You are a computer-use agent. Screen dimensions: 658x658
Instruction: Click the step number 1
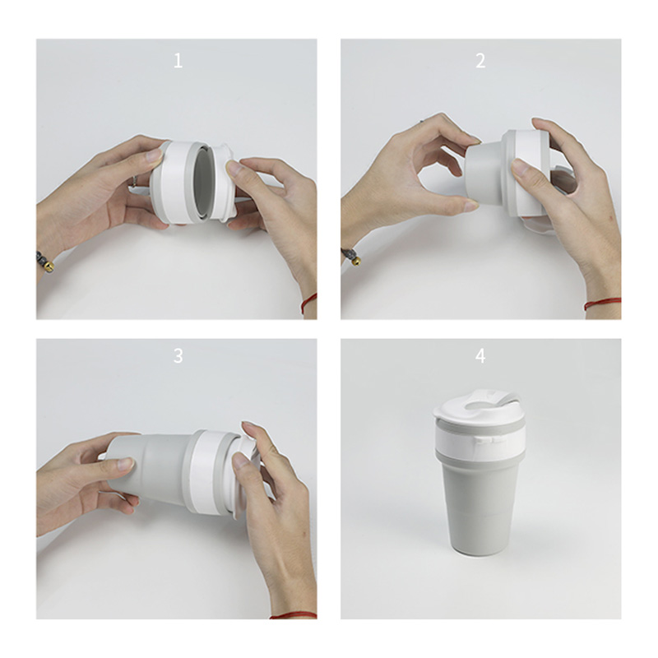178,61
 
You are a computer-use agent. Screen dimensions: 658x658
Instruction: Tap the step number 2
480,61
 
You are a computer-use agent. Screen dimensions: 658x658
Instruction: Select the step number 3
178,356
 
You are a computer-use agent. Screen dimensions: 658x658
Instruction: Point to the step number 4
480,356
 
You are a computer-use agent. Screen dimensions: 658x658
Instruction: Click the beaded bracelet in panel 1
45,262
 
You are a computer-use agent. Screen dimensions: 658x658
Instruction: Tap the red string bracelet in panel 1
308,303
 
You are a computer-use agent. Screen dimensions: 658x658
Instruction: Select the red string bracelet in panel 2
602,304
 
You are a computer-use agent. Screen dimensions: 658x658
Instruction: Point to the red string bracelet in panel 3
293,615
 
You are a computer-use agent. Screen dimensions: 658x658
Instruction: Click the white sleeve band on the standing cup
480,438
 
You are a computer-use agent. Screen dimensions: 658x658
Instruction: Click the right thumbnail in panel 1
234,169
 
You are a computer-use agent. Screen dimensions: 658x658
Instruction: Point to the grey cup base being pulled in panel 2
484,173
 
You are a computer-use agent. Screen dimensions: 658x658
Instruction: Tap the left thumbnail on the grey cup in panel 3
125,463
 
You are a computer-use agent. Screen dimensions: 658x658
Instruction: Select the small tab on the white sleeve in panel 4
487,440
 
